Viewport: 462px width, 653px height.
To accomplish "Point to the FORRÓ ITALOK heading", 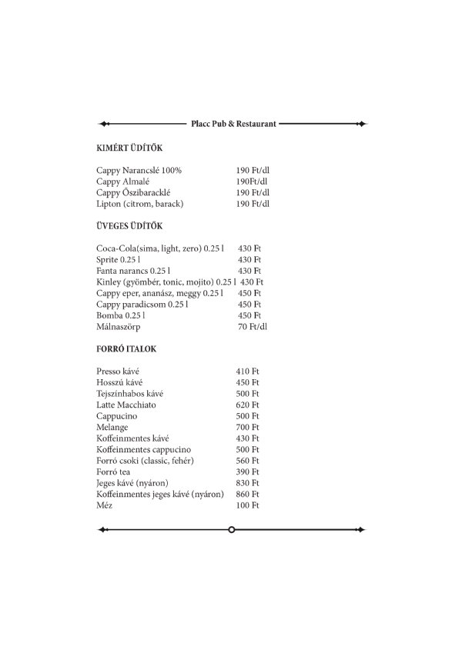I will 127,349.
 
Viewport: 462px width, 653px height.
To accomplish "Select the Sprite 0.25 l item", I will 119,260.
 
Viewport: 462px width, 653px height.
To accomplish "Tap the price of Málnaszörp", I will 253,327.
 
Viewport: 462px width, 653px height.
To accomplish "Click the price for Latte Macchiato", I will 247,405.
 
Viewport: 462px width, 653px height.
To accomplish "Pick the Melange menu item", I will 112,427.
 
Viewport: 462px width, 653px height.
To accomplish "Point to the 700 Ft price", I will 247,427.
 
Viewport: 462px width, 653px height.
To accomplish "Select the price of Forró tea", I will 247,471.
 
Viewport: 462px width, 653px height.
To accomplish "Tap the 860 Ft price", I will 247,494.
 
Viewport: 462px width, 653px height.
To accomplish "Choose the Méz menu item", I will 105,505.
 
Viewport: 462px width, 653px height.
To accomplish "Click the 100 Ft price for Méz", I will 247,505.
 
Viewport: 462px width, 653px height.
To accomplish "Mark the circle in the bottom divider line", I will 232,529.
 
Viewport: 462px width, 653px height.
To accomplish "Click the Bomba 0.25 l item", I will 120,315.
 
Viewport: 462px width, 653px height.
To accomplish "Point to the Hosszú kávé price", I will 247,382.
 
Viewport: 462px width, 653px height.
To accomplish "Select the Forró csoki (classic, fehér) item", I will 146,461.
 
